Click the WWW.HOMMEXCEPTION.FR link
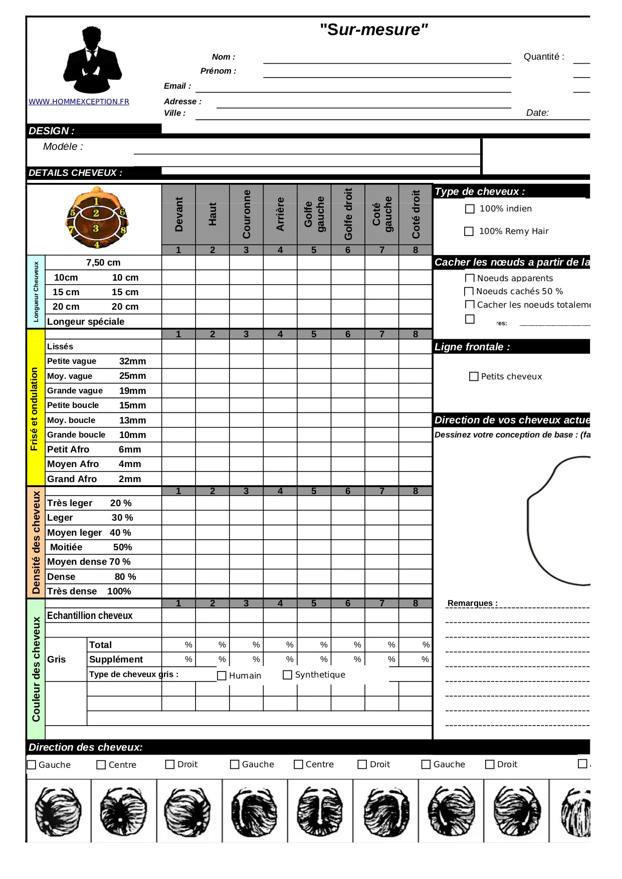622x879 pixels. click(79, 102)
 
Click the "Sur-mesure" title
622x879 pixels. click(374, 30)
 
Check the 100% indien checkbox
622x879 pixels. click(470, 209)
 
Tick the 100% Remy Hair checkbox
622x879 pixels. click(469, 232)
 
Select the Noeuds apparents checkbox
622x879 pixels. click(470, 278)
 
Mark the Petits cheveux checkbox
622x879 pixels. click(474, 376)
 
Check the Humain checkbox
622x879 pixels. click(222, 676)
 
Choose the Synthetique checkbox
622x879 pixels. click(288, 675)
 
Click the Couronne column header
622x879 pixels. click(246, 214)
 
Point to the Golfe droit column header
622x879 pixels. click(348, 214)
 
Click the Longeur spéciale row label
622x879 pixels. click(86, 322)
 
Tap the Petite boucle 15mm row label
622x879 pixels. click(96, 405)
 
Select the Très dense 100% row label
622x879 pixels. click(89, 591)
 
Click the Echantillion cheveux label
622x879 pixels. click(90, 616)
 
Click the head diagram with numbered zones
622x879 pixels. click(97, 218)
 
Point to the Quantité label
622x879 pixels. click(544, 57)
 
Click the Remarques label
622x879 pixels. click(472, 603)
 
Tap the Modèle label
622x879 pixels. click(63, 147)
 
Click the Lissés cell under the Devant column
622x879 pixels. click(178, 347)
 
